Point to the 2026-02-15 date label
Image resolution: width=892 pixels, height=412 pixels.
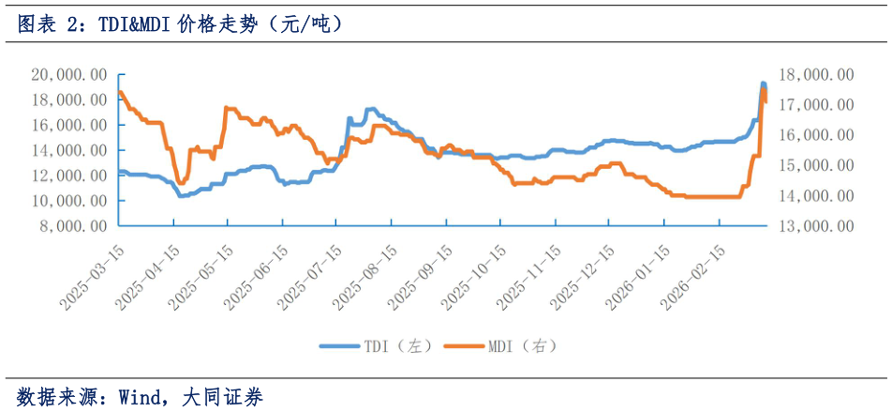tap(692, 276)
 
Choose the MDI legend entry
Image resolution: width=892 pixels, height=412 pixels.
tap(521, 346)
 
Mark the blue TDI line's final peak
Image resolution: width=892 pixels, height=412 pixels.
tap(763, 84)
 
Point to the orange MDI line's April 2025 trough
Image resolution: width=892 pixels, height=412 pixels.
tap(181, 182)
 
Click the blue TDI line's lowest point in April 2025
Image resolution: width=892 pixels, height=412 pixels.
tap(181, 195)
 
